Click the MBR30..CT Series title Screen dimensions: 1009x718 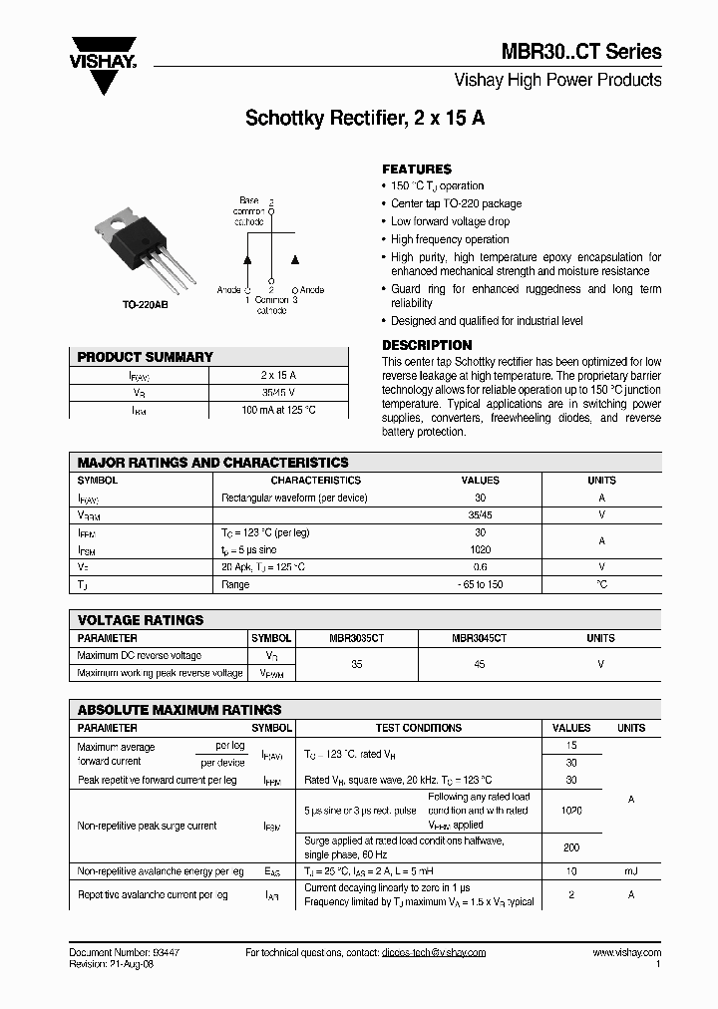[594, 52]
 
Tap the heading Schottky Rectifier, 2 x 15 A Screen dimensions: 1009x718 [365, 118]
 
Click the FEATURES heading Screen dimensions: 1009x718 [417, 169]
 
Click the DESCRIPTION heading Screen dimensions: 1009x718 [427, 345]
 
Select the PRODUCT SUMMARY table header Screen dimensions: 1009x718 [146, 357]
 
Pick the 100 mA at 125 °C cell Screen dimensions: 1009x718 [278, 410]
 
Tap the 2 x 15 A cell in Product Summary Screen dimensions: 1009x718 [278, 375]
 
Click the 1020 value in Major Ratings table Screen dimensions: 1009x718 [480, 549]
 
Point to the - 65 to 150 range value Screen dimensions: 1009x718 [480, 584]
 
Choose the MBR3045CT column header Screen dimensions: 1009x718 [479, 638]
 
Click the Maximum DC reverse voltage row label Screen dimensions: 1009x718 [140, 656]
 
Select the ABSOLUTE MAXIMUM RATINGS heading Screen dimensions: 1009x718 [179, 710]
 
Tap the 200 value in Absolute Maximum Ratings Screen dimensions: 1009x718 [571, 846]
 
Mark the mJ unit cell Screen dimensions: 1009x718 [631, 871]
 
